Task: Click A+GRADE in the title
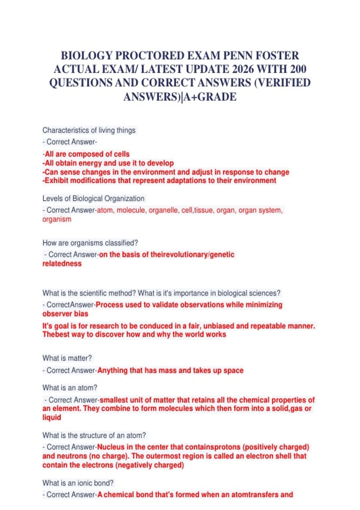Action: (210, 97)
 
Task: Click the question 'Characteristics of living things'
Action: (89, 130)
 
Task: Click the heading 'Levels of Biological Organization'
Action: (93, 199)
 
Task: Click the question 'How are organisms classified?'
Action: (90, 243)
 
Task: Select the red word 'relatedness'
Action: (62, 264)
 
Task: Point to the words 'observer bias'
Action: (65, 314)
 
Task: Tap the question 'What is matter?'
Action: (67, 358)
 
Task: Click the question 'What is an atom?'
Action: (70, 388)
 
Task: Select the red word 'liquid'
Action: (52, 418)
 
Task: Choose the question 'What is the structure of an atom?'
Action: (94, 435)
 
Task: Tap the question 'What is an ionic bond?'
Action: (78, 483)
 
